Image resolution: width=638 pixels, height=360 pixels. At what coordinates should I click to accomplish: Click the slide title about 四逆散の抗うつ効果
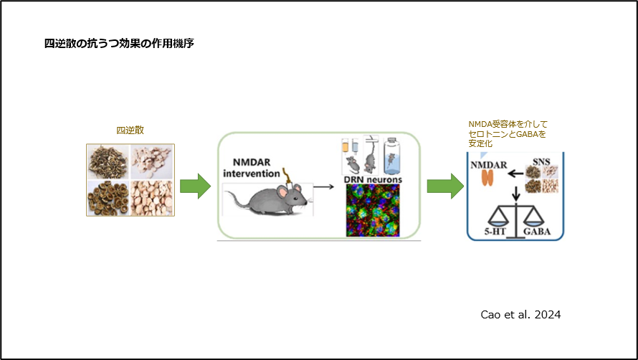[x=118, y=44]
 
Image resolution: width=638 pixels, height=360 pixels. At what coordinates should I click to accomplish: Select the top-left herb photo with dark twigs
[x=108, y=162]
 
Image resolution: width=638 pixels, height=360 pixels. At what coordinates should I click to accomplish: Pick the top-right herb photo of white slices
[x=152, y=162]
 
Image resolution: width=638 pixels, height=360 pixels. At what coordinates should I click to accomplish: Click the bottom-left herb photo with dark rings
[x=108, y=198]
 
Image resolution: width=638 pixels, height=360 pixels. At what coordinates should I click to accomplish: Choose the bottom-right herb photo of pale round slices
[x=152, y=198]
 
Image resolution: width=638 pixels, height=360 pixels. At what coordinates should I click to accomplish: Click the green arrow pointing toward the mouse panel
[x=194, y=187]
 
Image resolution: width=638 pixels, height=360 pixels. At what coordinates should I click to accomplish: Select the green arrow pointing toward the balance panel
[x=444, y=187]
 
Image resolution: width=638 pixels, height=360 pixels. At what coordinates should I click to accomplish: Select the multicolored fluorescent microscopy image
[x=372, y=211]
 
